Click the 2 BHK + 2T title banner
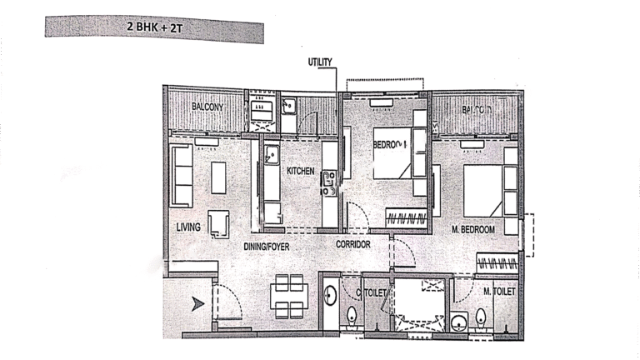click(154, 27)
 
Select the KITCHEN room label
click(300, 171)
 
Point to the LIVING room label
click(189, 227)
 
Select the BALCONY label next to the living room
click(205, 107)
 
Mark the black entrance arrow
click(197, 304)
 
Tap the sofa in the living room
click(182, 175)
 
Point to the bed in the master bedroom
click(482, 191)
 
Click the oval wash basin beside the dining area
click(330, 295)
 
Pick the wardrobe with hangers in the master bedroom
click(497, 262)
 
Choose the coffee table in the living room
click(218, 177)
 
